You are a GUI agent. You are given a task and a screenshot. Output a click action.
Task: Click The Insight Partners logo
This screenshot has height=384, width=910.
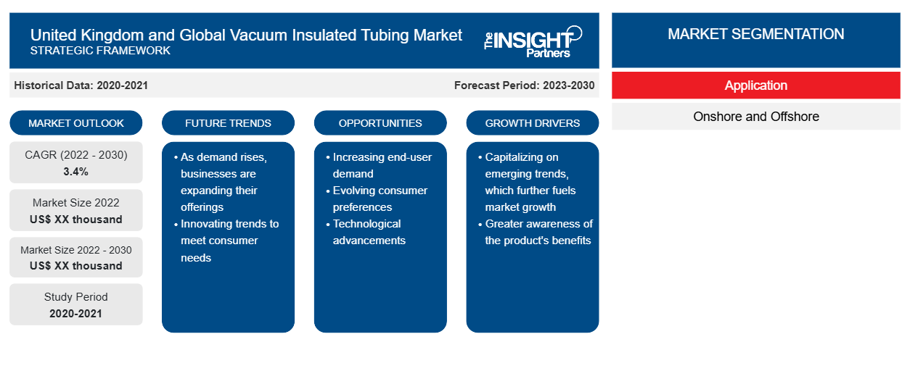point(533,41)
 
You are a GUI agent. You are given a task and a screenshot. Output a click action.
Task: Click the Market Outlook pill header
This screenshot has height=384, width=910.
point(76,123)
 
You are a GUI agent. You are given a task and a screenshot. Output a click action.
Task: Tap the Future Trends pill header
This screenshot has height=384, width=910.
point(228,123)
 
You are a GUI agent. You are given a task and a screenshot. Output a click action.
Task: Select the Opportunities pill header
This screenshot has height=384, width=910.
point(380,123)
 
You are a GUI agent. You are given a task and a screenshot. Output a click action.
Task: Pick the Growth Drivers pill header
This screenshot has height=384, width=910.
point(532,123)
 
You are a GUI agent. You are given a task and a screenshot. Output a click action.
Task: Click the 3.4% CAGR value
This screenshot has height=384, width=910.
point(76,172)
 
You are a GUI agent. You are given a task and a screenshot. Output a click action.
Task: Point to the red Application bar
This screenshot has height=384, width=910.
point(755,85)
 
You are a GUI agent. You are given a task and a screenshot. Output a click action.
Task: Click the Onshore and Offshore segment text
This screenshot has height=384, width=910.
point(755,117)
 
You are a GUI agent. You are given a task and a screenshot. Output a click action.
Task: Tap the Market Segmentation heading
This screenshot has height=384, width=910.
point(755,34)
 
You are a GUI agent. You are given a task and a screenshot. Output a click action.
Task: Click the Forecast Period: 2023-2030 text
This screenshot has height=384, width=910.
point(524,85)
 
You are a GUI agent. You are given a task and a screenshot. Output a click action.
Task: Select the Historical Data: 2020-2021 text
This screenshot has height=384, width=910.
point(81,85)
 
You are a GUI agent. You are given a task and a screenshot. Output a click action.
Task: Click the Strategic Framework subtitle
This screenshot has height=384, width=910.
point(100,51)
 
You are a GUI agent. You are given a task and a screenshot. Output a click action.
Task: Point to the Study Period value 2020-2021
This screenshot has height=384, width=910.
point(76,314)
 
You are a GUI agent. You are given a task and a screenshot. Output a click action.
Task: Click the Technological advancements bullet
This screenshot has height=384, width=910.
point(366,232)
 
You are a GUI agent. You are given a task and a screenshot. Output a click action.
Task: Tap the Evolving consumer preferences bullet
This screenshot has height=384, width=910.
point(377,199)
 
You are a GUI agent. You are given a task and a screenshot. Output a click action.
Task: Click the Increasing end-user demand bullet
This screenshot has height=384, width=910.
point(379,165)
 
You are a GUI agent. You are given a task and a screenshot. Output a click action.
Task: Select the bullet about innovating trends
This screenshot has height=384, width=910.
point(226,241)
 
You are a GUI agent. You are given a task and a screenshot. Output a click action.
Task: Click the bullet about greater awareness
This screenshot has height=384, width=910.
point(536,232)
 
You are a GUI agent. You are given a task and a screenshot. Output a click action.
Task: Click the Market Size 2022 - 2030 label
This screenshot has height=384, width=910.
point(76,250)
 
